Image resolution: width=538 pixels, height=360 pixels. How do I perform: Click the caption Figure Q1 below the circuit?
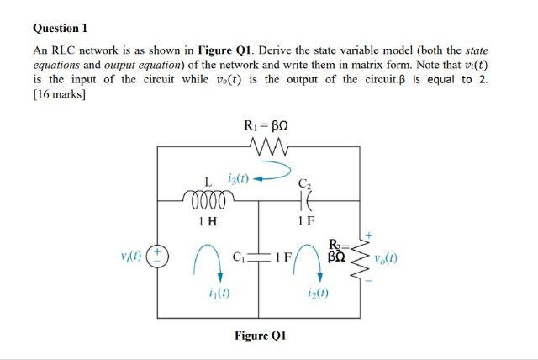point(260,336)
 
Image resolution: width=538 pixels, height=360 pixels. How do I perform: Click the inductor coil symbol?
point(203,200)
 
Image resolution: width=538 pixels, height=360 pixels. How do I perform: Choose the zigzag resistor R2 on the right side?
point(363,257)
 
